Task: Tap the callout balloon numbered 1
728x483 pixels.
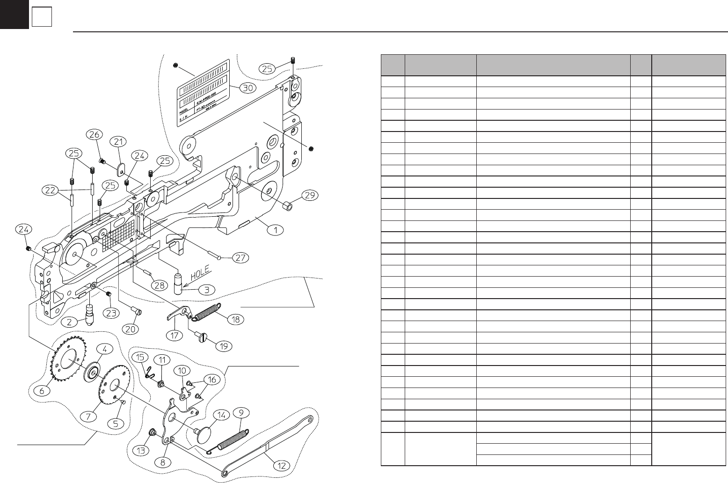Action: (276, 230)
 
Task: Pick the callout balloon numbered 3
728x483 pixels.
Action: (206, 290)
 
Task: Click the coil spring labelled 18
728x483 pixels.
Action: (206, 311)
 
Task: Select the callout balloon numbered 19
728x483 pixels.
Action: (224, 346)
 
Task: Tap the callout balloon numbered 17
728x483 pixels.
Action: (176, 335)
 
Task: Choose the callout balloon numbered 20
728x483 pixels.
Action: (131, 329)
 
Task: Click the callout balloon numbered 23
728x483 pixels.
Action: (111, 313)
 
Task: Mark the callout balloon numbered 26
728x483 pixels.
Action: (93, 134)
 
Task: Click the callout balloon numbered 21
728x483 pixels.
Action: (118, 141)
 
